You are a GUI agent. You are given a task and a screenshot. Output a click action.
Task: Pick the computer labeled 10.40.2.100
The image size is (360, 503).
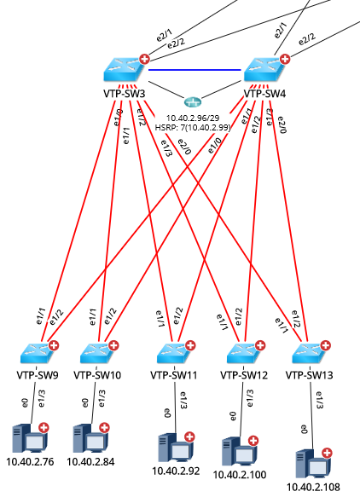[x=239, y=451]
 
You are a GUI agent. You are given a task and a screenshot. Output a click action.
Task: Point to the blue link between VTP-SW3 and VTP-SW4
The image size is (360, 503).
[x=196, y=70]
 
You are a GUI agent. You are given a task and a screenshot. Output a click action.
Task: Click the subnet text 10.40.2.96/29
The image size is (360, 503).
[x=194, y=119]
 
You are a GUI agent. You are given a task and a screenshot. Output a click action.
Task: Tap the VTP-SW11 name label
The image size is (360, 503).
[x=174, y=374]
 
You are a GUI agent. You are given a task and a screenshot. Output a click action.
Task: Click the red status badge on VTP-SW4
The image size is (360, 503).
[x=284, y=60]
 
